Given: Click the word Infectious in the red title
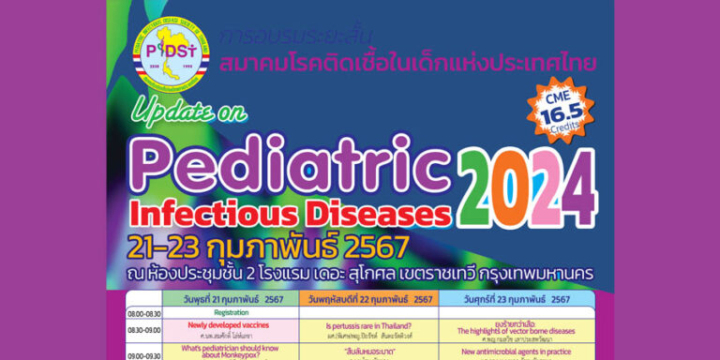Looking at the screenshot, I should (215, 211).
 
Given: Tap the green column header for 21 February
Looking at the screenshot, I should (233, 299).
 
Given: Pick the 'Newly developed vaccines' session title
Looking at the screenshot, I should (230, 324).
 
